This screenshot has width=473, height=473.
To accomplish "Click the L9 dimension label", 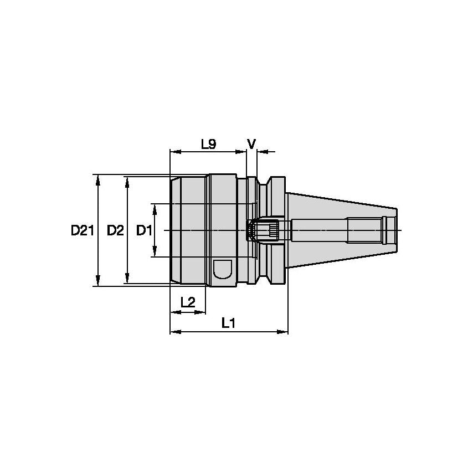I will point(208,145).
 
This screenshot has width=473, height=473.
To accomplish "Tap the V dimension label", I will point(251,144).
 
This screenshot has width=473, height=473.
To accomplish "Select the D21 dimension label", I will point(83,230).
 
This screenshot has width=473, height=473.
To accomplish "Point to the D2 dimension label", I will point(115,230).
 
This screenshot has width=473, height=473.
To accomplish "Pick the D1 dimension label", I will point(144,230).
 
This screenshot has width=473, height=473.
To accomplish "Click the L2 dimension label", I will point(188,302).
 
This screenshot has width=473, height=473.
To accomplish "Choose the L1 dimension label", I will point(228,322).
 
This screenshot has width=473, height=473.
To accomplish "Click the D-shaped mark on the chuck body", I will point(223,270).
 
